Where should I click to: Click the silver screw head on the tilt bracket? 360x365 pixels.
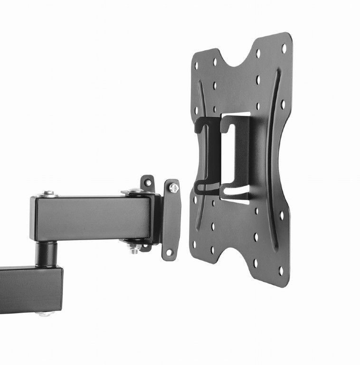(x=174, y=188)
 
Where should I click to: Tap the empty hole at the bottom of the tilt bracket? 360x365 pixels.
(x=169, y=252)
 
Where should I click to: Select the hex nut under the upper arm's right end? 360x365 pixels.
(x=134, y=247)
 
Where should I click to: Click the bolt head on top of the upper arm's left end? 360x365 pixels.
(x=47, y=194)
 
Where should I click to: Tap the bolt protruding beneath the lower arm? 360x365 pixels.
(x=45, y=313)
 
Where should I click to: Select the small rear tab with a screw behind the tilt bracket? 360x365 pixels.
(x=148, y=182)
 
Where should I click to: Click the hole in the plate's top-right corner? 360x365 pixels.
(x=284, y=48)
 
